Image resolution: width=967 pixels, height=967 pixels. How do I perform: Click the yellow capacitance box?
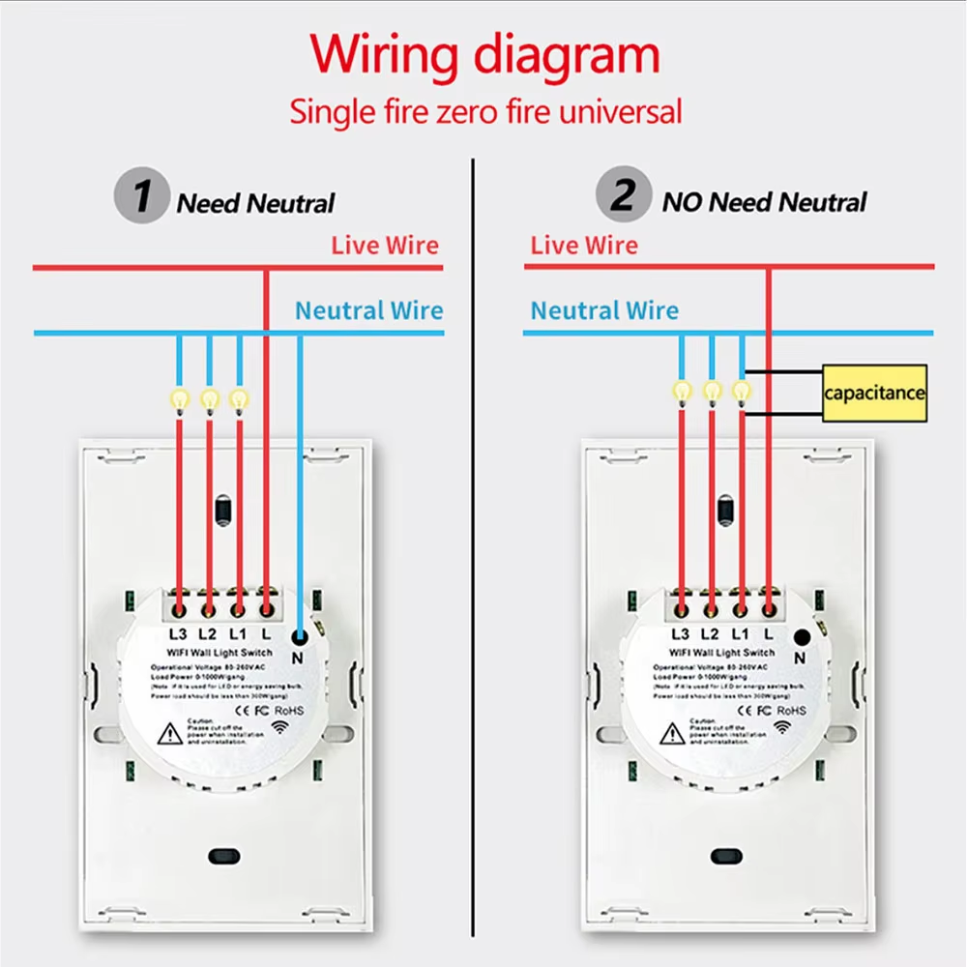874,393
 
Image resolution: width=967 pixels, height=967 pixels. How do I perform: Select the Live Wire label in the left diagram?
385,245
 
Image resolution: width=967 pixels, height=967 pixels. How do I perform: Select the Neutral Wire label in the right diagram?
604,310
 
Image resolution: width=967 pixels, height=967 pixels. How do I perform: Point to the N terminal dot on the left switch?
300,636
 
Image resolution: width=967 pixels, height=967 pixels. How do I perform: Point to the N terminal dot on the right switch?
802,636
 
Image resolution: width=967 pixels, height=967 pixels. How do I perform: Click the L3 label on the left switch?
177,634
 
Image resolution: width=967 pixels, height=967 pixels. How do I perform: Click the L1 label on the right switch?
740,634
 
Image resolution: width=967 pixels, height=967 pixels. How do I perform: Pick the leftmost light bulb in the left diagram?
179,397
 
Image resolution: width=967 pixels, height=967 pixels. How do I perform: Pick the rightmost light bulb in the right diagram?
741,391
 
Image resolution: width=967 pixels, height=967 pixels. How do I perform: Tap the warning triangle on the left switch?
170,734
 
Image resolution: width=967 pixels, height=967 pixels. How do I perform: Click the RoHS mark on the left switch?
289,710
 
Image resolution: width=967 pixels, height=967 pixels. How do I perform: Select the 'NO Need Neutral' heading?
764,202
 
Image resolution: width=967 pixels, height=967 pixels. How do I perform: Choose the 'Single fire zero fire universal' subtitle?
485,111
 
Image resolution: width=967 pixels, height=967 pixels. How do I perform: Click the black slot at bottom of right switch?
724,856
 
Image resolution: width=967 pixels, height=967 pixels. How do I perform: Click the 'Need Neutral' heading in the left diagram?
255,204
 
